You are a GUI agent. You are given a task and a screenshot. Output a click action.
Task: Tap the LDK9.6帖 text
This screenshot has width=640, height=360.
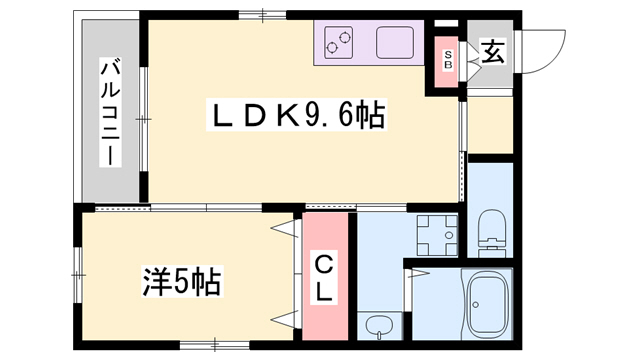coord(295,115)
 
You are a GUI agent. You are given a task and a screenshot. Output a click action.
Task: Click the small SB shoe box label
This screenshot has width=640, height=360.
coord(449,59)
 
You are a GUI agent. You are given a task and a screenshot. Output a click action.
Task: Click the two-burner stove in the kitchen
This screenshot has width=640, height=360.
coord(341,42)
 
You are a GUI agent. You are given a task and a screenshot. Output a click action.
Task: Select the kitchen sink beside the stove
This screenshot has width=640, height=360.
coord(396,42)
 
